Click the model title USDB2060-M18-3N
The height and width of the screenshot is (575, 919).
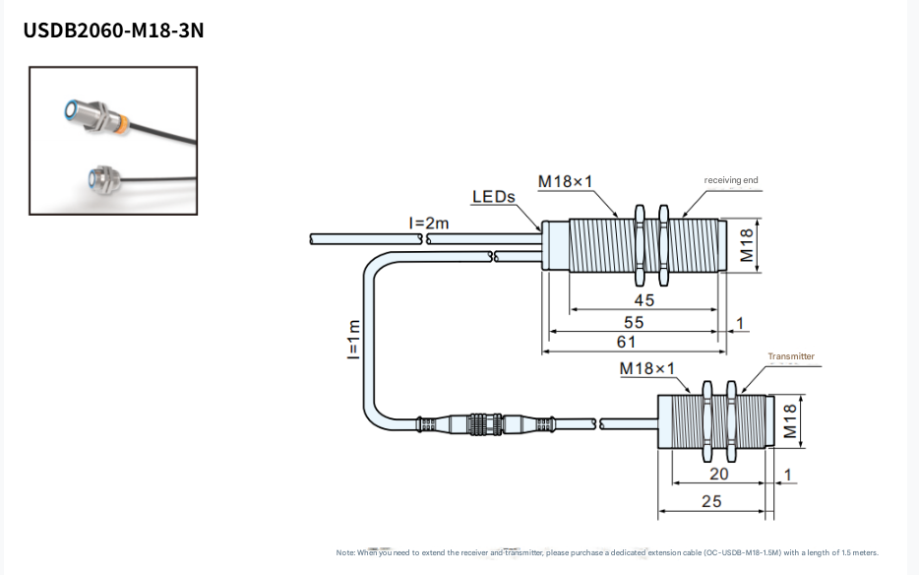[x=113, y=31]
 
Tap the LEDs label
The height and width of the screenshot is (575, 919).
[x=493, y=197]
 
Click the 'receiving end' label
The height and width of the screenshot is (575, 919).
[x=731, y=180]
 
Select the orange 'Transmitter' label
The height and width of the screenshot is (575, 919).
[x=791, y=356]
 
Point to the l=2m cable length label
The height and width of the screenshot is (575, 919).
[x=429, y=224]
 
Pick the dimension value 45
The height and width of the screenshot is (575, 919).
[x=643, y=300]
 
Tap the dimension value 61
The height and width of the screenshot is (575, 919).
[x=626, y=343]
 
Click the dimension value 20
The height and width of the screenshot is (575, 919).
[x=718, y=475]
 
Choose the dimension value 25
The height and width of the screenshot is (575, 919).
[x=711, y=501]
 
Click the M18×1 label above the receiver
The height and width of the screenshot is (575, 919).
[x=566, y=182]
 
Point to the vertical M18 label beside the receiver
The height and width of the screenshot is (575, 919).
[x=747, y=244]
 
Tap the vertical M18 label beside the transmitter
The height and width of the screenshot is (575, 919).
[x=789, y=422]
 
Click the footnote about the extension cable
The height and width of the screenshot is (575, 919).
[x=607, y=552]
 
